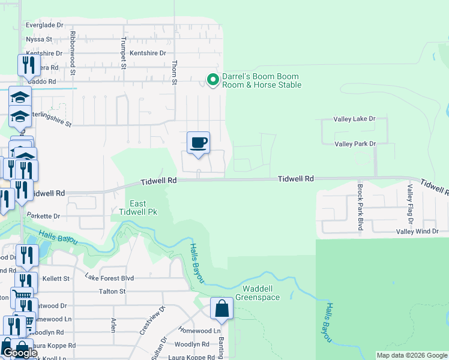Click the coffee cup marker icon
(198, 143)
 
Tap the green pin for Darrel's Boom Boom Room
(212, 79)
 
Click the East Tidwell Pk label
(138, 208)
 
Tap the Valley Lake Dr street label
(355, 119)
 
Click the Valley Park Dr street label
(355, 144)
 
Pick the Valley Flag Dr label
(410, 204)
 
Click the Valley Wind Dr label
(417, 231)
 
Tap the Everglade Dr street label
(44, 25)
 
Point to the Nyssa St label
(40, 40)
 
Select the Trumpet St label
(123, 50)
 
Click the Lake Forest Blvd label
(109, 278)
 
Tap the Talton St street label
(112, 291)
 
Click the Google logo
(20, 353)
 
